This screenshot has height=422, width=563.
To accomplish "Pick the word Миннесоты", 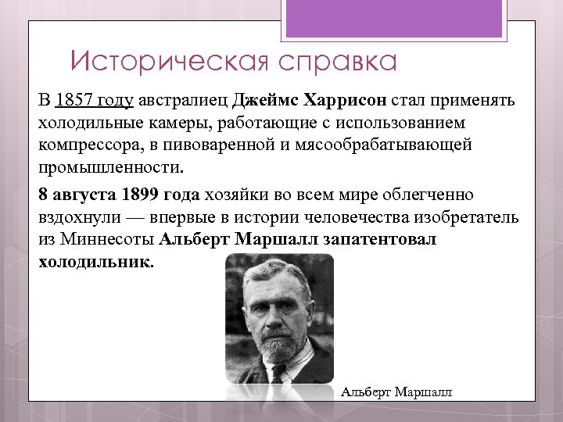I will click(x=108, y=239).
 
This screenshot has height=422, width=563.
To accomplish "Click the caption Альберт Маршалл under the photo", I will click(x=397, y=392).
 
